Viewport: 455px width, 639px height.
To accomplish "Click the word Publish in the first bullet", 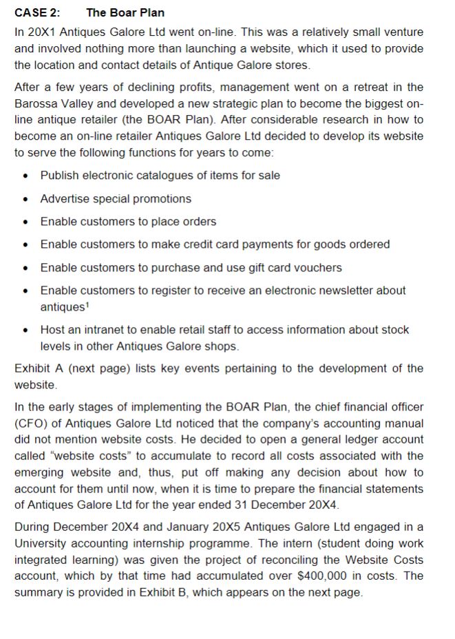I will (60, 175).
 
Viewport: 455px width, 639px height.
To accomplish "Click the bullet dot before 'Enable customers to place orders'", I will (25, 222).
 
